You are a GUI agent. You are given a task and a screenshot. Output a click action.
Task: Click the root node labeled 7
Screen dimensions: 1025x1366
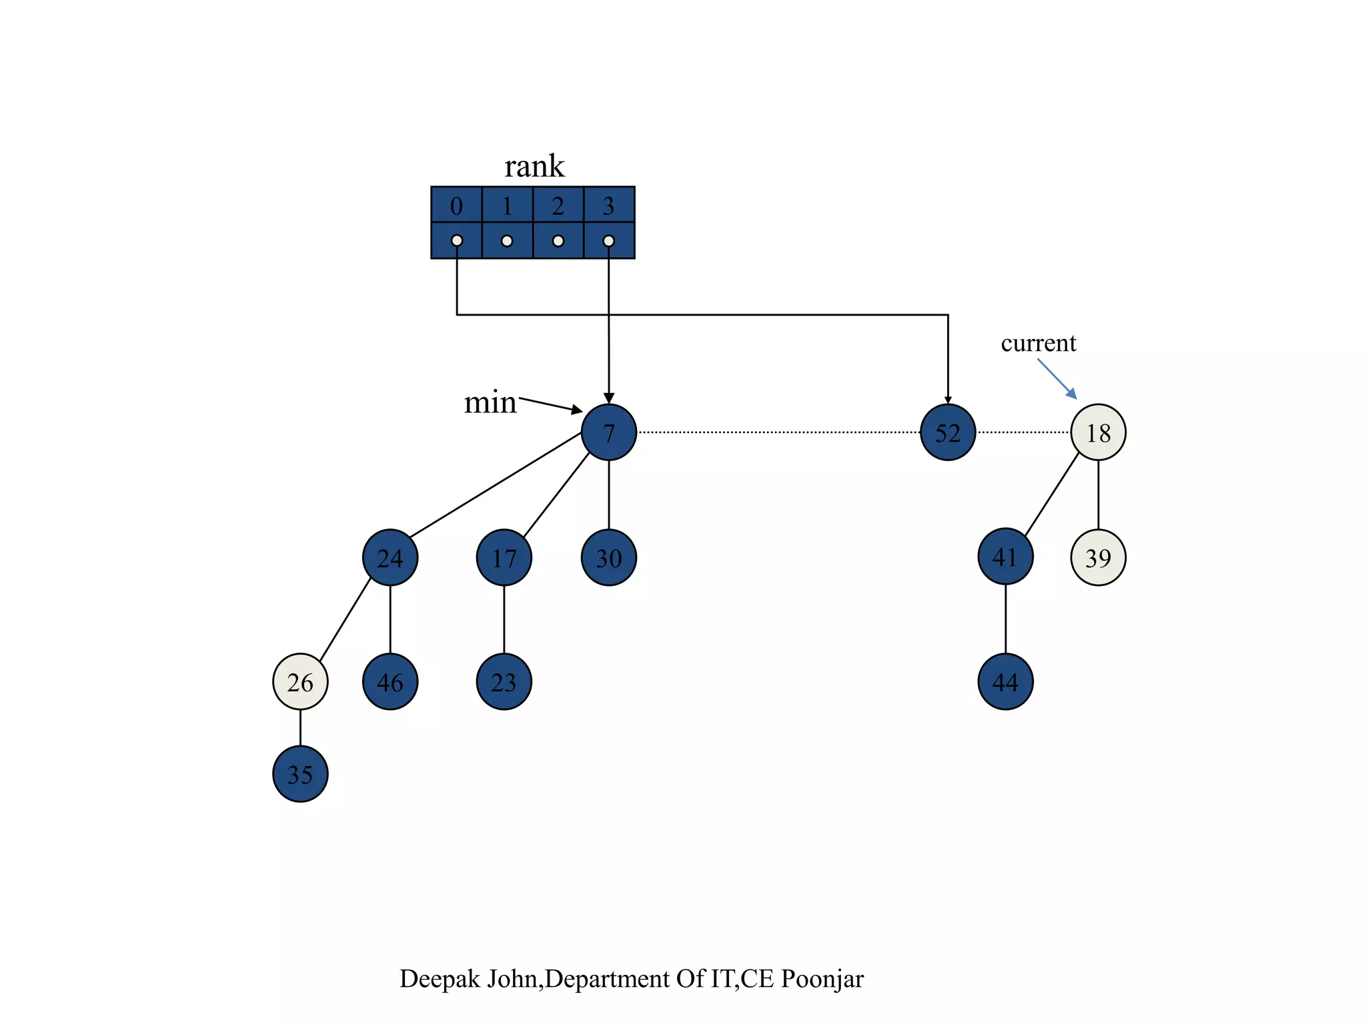click(x=608, y=432)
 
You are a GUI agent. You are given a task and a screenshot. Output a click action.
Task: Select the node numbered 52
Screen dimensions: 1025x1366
click(x=947, y=432)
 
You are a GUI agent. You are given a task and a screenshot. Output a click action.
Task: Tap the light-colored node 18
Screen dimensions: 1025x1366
click(x=1098, y=432)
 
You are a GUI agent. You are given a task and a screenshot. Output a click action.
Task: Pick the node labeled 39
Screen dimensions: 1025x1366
click(x=1098, y=557)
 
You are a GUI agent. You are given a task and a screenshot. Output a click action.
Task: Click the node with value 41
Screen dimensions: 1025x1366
click(x=1005, y=557)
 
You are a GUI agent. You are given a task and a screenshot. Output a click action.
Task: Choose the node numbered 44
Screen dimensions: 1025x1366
click(x=1005, y=681)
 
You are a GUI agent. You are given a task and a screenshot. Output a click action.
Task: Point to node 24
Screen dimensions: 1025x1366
click(x=390, y=557)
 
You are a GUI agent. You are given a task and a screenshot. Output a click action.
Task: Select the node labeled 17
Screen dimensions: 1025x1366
click(x=504, y=557)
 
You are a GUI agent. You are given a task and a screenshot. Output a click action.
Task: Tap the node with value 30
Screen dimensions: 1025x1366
click(x=608, y=557)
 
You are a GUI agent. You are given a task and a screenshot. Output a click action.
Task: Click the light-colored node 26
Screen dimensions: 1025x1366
click(x=300, y=681)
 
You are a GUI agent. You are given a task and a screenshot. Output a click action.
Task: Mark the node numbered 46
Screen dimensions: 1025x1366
click(x=390, y=681)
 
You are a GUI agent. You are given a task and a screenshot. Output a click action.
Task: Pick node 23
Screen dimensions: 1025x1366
click(x=504, y=681)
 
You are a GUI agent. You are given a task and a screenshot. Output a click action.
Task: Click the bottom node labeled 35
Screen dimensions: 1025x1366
click(x=300, y=774)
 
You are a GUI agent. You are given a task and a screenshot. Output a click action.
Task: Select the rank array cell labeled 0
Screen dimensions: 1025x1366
click(x=456, y=206)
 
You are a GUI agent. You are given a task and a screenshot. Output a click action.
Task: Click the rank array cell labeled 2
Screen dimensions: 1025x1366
click(x=558, y=206)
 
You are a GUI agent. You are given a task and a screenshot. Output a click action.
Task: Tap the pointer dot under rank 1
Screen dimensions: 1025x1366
click(x=507, y=240)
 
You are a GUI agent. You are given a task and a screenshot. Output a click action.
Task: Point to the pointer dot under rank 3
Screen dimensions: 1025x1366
click(x=608, y=240)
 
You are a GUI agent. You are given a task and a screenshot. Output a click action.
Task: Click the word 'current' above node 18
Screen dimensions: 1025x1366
click(x=1039, y=343)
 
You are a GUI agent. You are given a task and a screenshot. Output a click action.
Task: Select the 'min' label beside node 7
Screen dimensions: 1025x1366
click(x=490, y=402)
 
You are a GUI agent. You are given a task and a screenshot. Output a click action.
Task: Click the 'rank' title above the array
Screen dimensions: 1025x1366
click(x=534, y=166)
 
